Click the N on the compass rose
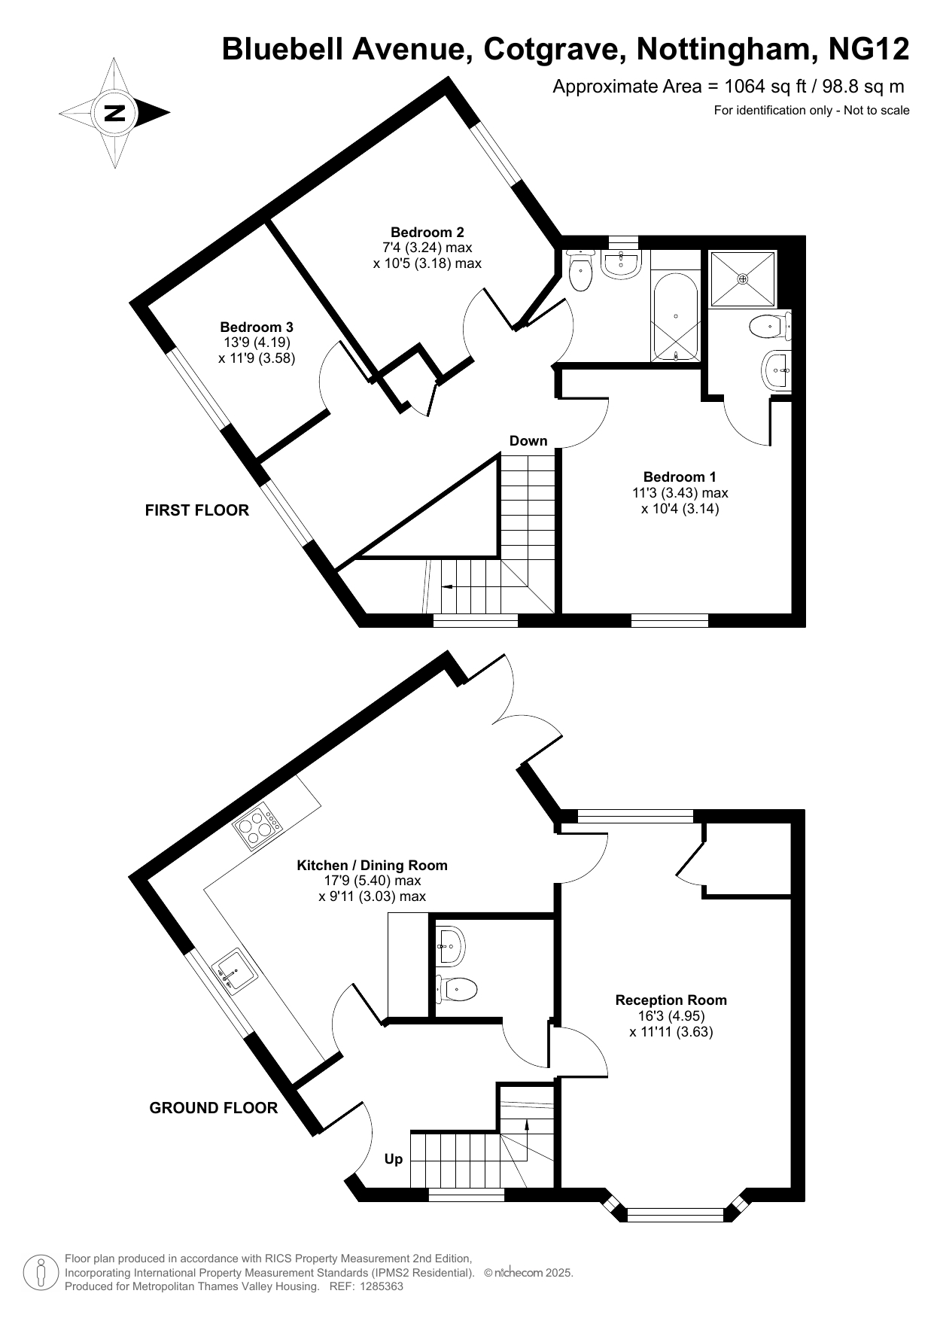pos(114,114)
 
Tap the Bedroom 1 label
pos(680,476)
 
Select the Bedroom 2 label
pos(427,232)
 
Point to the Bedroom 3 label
pos(257,327)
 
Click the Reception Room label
pos(671,1000)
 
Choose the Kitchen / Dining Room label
pos(373,865)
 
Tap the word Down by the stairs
pos(528,440)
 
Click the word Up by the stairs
pos(394,1159)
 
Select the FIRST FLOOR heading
pos(196,510)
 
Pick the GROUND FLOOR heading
pos(214,1108)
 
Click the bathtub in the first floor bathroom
pos(676,317)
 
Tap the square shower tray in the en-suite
pos(743,279)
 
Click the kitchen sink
pos(235,972)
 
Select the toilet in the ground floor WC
pos(456,988)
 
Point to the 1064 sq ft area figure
pos(754,87)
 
